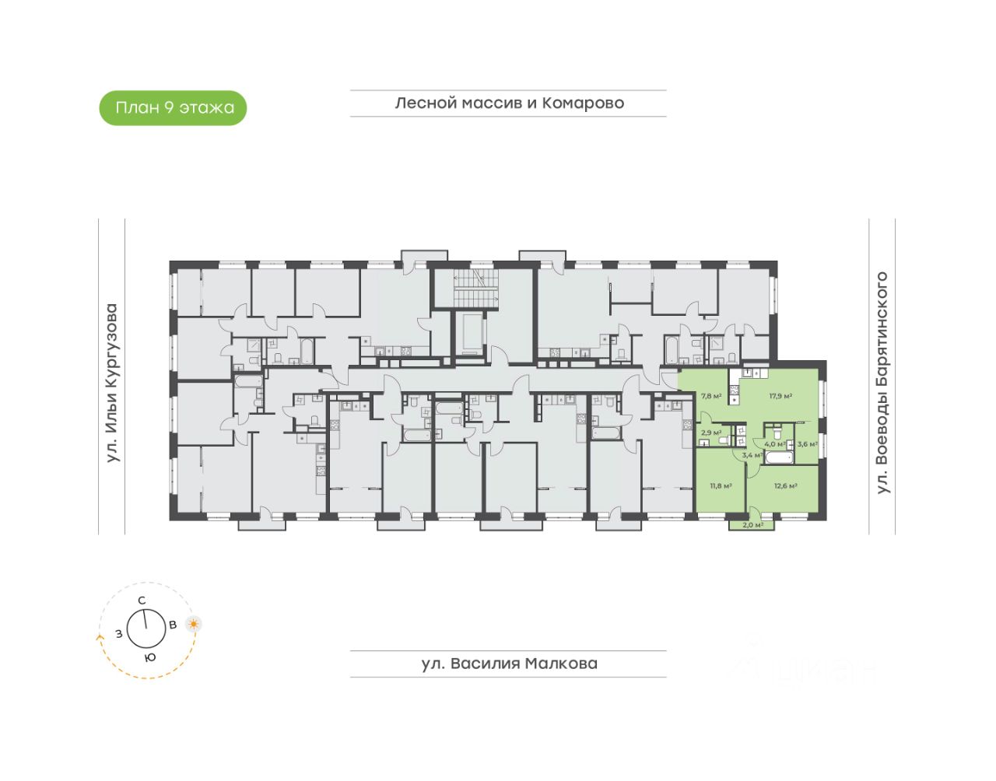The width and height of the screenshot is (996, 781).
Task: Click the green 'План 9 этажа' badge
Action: [173, 108]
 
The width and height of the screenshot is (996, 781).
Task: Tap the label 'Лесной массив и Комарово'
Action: [509, 103]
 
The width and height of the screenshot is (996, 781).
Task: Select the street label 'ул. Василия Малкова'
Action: [509, 664]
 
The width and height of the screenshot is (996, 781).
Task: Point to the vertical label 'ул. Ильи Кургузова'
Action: [112, 383]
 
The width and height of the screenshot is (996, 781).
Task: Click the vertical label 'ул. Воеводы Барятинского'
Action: [882, 382]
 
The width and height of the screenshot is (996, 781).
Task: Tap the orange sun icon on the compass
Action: [193, 624]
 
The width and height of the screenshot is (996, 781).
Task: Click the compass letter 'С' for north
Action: [142, 600]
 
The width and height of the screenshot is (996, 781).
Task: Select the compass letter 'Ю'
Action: [150, 657]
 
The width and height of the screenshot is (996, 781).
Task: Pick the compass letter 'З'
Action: [118, 633]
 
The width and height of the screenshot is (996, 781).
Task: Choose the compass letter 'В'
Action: [173, 624]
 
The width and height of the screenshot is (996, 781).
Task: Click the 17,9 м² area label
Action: [780, 396]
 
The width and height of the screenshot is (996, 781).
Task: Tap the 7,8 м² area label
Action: [711, 396]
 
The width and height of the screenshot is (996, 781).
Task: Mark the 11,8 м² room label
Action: [720, 486]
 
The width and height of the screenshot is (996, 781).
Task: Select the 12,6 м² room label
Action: [785, 486]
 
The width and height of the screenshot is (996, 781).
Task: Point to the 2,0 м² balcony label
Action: [752, 525]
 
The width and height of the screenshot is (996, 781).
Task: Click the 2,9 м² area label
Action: [711, 433]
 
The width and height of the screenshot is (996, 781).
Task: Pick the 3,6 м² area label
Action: [807, 444]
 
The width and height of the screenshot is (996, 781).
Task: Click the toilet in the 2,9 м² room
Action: [723, 441]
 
